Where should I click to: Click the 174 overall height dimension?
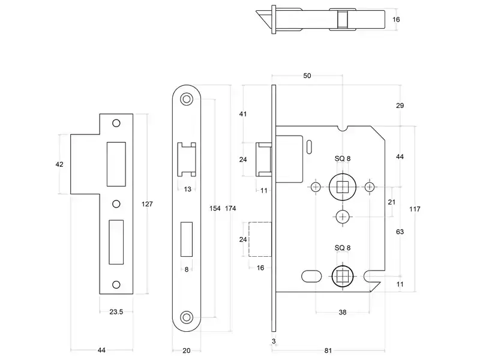coord(230,208)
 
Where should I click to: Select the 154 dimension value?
coord(215,208)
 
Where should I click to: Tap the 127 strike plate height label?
coord(147,204)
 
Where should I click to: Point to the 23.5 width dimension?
coord(116,311)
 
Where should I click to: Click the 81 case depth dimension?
coord(328,350)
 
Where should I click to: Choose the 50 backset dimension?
coord(307,76)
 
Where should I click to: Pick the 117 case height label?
coord(415,209)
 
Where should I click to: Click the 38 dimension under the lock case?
coord(343,312)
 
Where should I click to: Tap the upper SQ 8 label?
coord(343,158)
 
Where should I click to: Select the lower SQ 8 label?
coord(343,248)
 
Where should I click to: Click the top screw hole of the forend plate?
coord(187,99)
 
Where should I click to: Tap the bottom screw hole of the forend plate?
coord(187,317)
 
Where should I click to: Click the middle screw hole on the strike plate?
coord(116,204)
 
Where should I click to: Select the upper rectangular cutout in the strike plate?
coord(116,164)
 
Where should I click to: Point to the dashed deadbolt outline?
coord(260,239)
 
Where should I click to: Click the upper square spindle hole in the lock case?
coord(343,187)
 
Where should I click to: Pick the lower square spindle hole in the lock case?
coord(343,277)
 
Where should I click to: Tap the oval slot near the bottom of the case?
coord(311,277)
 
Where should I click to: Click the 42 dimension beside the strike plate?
coord(59,164)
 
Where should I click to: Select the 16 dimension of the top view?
coord(396,20)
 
